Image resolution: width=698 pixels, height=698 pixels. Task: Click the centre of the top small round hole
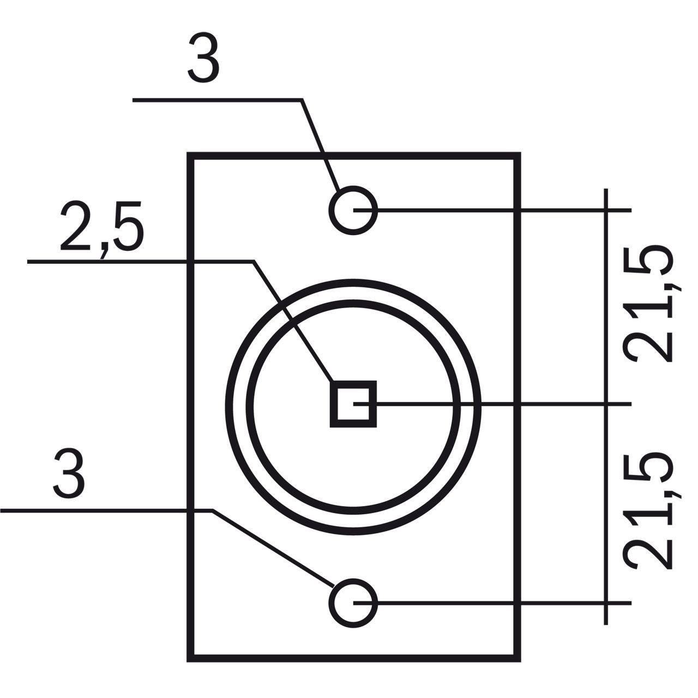click(x=353, y=210)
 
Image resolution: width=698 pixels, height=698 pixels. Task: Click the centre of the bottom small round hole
click(x=353, y=603)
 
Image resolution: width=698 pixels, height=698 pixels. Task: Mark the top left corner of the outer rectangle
click(x=187, y=153)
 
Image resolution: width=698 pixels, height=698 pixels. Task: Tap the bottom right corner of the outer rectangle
click(x=521, y=662)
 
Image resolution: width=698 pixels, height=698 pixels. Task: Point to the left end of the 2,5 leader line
click(x=27, y=261)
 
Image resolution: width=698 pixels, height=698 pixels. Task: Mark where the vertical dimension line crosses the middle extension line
click(x=606, y=404)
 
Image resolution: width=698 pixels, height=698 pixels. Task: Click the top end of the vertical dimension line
click(x=606, y=189)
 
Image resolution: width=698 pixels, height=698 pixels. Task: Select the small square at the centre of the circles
click(x=353, y=404)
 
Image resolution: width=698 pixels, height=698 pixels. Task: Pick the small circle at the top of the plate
click(x=353, y=210)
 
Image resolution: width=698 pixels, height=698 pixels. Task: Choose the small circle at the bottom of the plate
click(x=353, y=603)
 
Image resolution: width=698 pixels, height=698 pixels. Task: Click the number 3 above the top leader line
click(x=203, y=58)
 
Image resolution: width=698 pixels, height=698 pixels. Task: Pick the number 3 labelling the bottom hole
click(x=69, y=473)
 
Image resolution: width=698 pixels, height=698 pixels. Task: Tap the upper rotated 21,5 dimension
click(x=648, y=303)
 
